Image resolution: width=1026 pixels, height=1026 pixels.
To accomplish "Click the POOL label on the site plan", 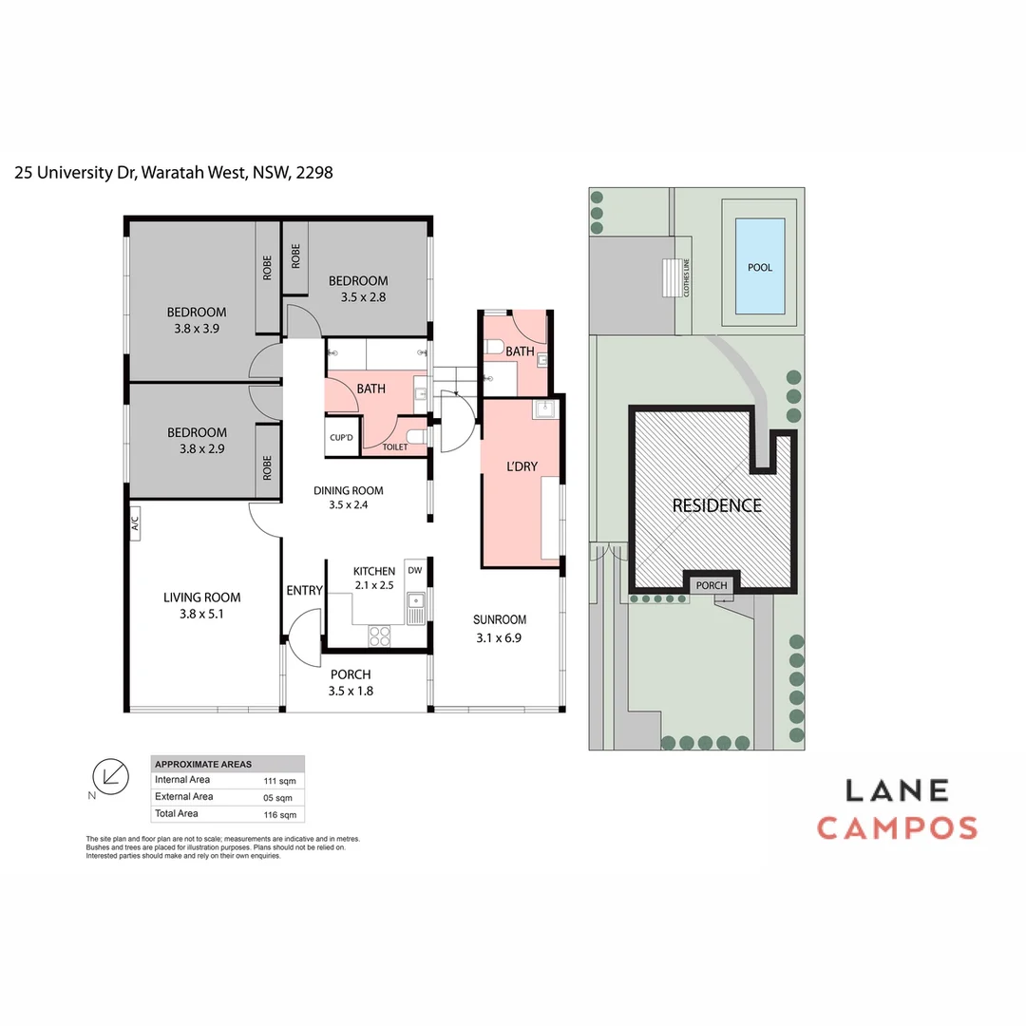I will tap(759, 267).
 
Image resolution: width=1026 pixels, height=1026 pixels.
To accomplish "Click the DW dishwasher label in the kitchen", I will tap(414, 570).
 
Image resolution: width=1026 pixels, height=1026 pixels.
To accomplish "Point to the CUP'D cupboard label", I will tap(341, 438).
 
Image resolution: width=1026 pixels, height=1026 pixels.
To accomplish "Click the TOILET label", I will tap(394, 446).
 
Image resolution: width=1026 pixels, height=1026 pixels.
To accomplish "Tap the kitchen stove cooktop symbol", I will tap(379, 636).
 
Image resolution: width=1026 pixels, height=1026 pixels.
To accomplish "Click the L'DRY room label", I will tap(522, 466).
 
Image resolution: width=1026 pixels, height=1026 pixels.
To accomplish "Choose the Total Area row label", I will tap(177, 813).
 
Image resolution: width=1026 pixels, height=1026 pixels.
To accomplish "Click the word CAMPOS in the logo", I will tap(897, 827).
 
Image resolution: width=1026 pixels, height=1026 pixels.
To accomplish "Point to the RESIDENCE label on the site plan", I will tap(717, 505).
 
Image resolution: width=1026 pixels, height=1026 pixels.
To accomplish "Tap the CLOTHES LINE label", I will tap(685, 278).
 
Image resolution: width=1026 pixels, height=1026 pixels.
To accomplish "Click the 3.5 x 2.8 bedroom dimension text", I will tap(364, 296).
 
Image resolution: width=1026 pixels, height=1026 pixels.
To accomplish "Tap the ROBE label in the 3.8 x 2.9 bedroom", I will tap(267, 466).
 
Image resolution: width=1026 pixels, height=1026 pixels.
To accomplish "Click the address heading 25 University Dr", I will tap(173, 173).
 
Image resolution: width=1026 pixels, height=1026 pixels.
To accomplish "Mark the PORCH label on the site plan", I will tap(711, 585).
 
